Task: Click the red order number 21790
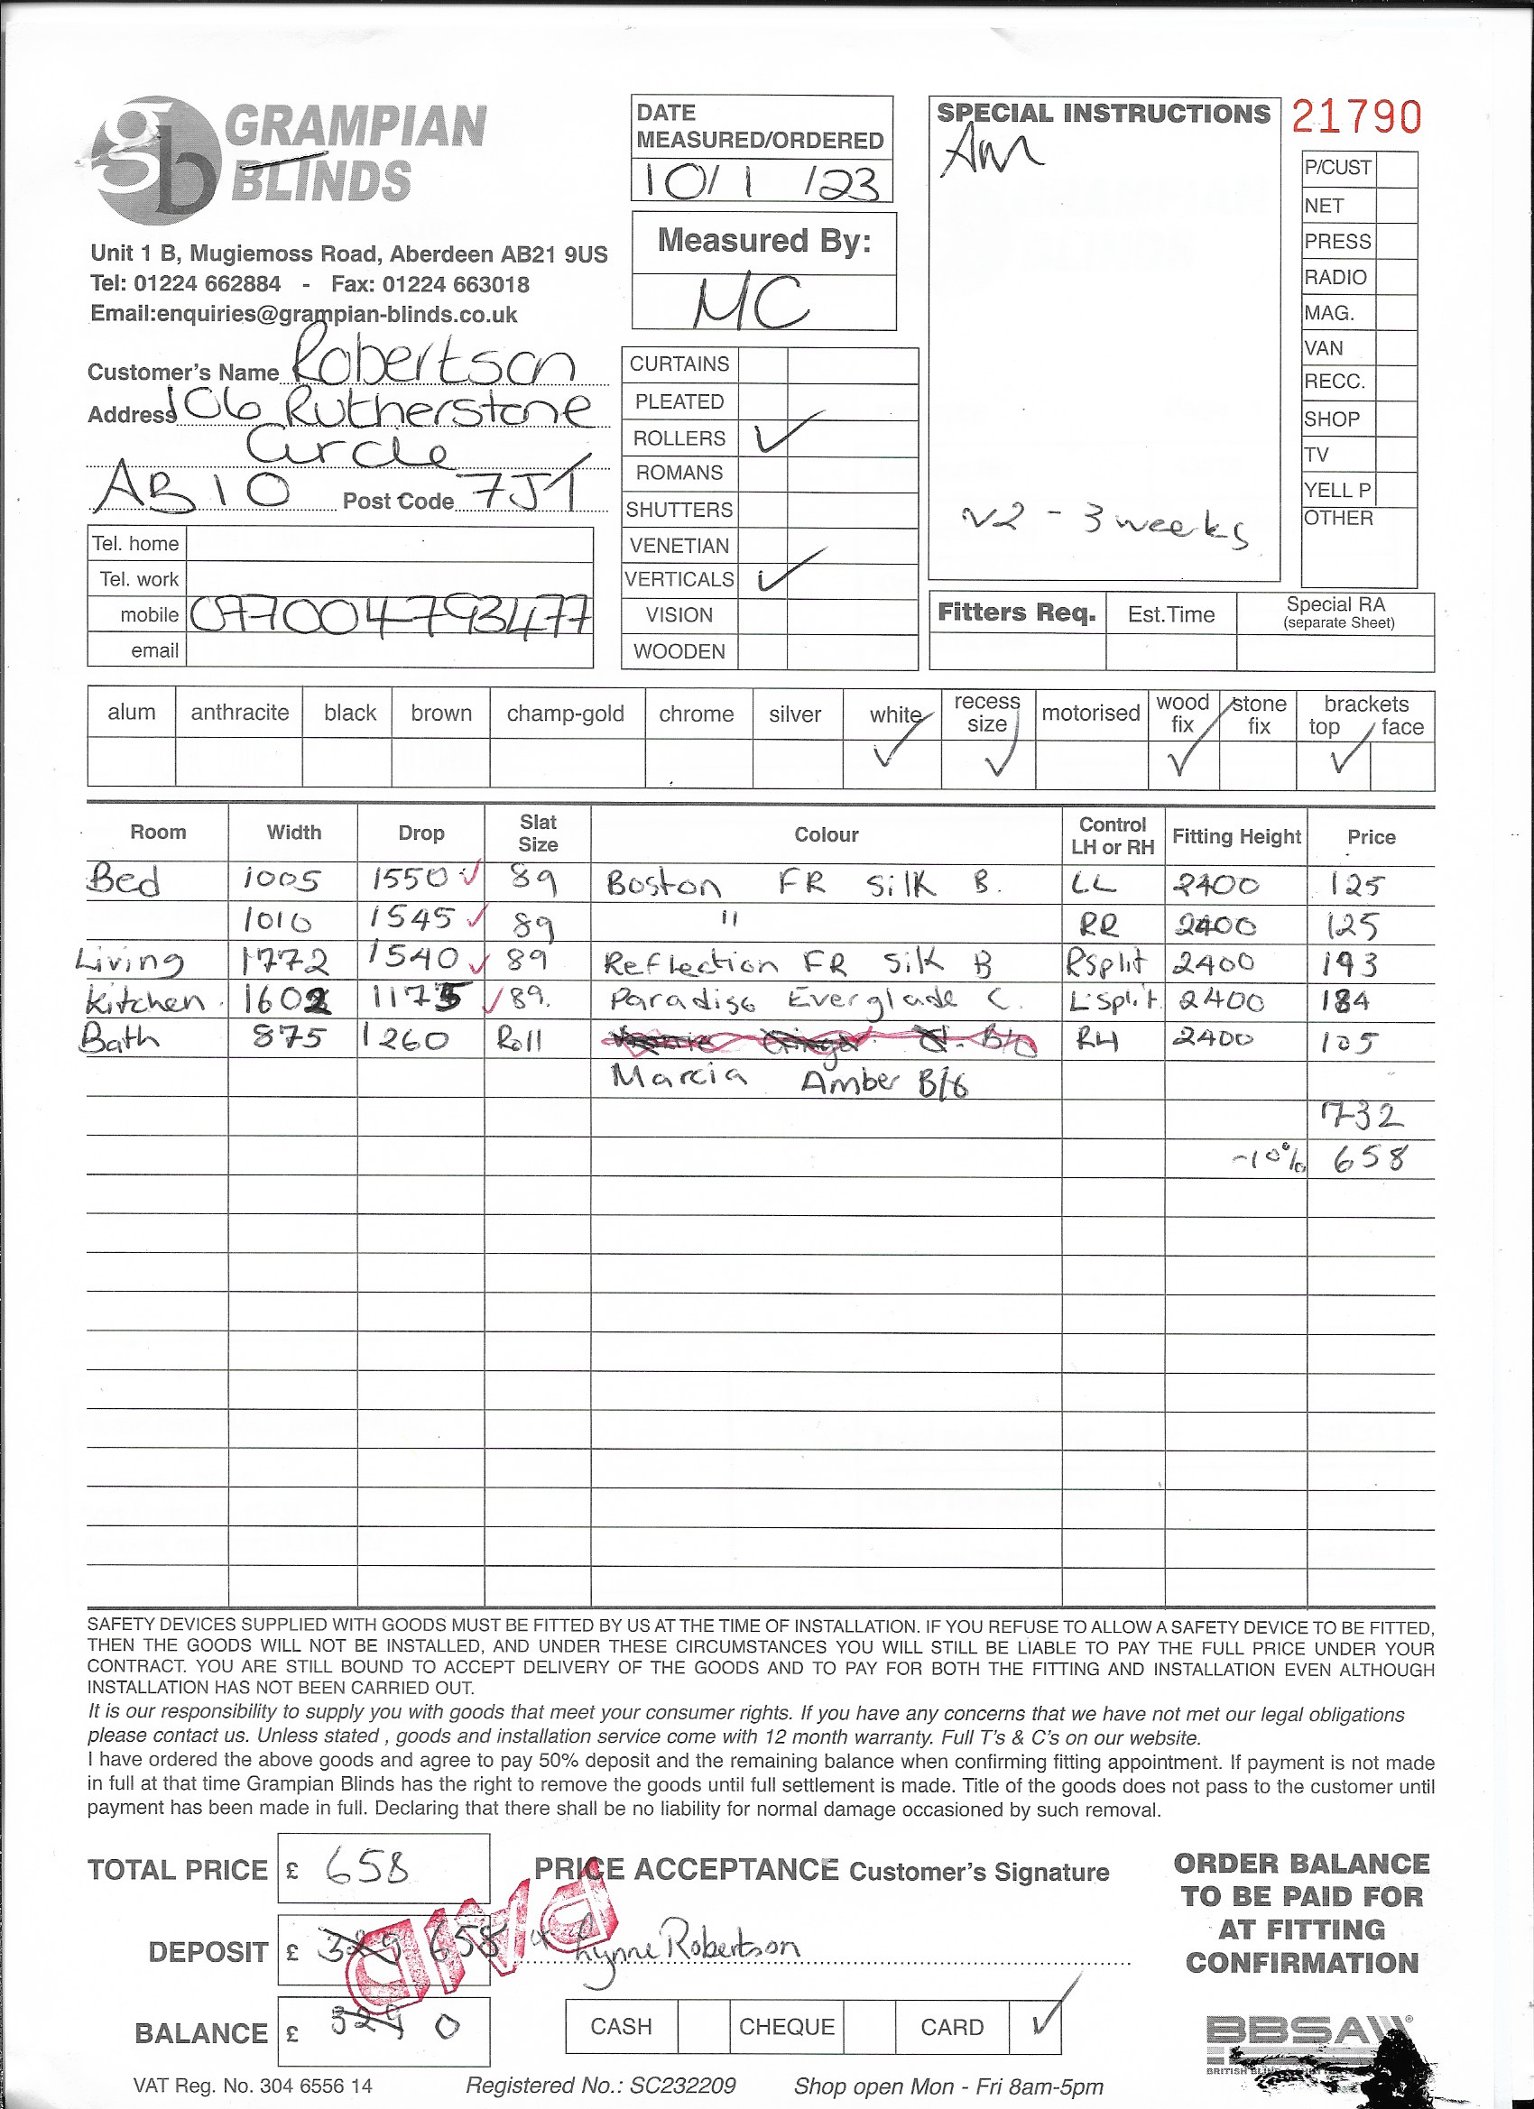click(x=1356, y=118)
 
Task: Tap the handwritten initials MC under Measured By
click(x=750, y=302)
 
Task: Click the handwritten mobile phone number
click(x=390, y=614)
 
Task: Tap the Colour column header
click(x=825, y=835)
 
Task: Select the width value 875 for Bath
click(x=289, y=1036)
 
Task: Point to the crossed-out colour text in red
click(x=818, y=1042)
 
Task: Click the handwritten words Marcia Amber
click(x=789, y=1081)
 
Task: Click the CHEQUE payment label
click(x=786, y=2026)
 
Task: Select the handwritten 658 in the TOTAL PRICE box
click(x=366, y=1866)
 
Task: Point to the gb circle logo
click(x=155, y=160)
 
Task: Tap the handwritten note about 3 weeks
click(x=1104, y=524)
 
